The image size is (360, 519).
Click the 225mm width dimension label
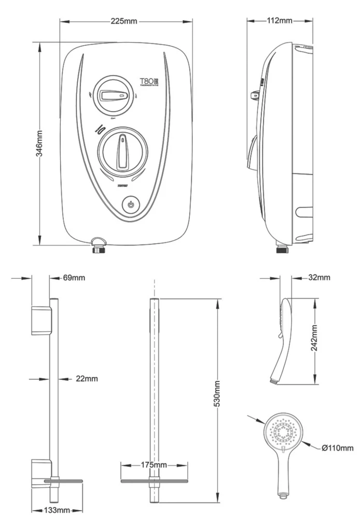[x=124, y=21]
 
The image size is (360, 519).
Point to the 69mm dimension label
[x=74, y=278]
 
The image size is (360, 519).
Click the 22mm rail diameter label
[x=87, y=379]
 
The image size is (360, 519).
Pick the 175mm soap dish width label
[x=153, y=465]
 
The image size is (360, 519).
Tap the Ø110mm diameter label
[x=337, y=448]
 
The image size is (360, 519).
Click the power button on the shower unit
[x=132, y=204]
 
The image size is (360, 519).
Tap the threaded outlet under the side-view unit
[x=282, y=249]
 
